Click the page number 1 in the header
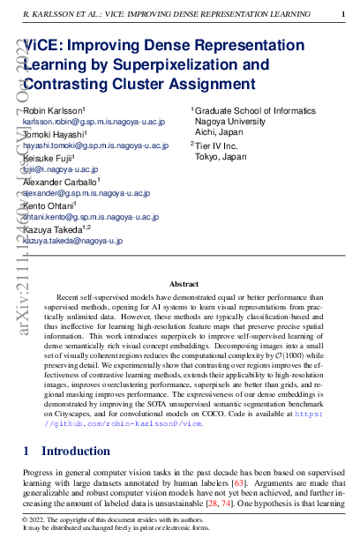coord(342,14)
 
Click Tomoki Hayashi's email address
coord(95,146)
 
